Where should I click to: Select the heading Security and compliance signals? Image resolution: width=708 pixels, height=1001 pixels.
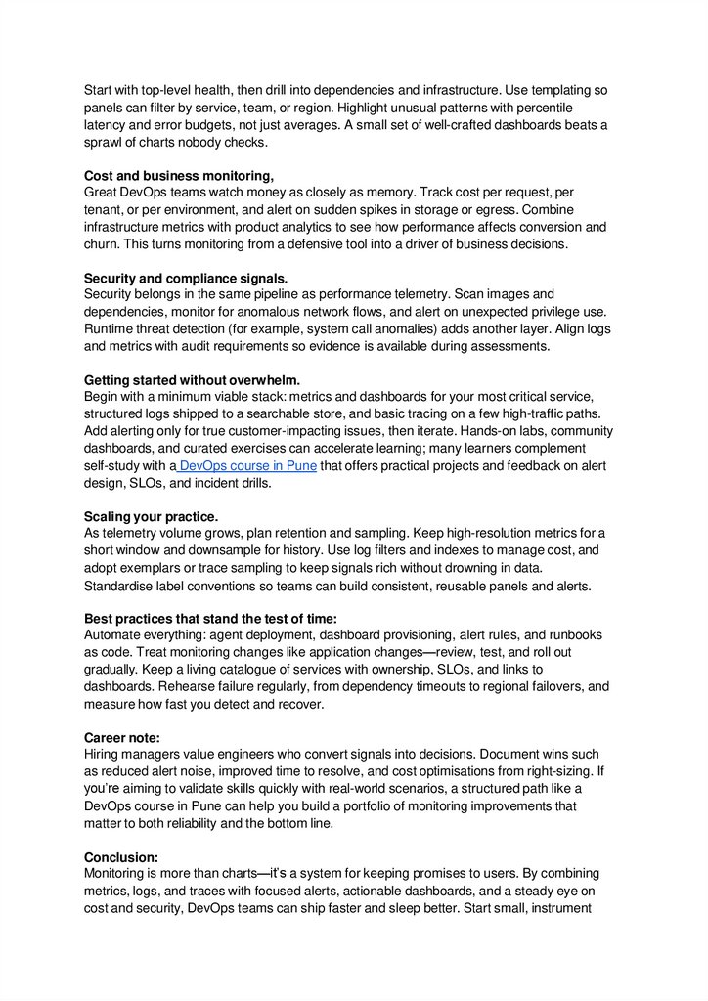coord(186,279)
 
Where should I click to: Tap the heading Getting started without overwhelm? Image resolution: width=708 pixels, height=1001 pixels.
coord(192,380)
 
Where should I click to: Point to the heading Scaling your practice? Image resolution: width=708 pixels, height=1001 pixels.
coord(151,516)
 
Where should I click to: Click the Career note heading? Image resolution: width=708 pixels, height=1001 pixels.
coord(121,738)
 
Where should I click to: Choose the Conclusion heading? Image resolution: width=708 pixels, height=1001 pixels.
coord(120,857)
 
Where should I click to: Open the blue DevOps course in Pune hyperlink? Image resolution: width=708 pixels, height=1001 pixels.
coord(247,466)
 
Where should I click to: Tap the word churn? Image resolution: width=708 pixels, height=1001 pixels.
coord(103,244)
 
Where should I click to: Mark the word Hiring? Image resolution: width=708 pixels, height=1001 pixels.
coord(105,755)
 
